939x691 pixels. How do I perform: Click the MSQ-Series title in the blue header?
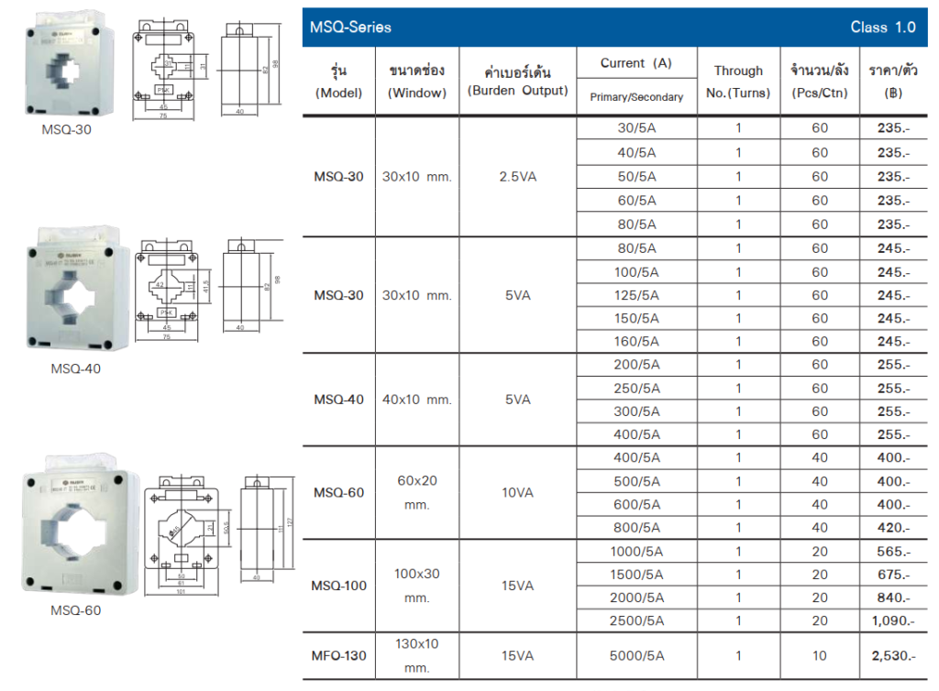pos(350,27)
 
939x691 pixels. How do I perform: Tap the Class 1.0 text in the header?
pos(882,27)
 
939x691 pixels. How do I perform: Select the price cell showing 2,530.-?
pos(889,656)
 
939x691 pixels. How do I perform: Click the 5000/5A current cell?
pos(636,656)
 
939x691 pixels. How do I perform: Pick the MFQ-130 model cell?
pos(338,656)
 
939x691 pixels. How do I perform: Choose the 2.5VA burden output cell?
pos(517,177)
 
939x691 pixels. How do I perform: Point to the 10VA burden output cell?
pos(517,493)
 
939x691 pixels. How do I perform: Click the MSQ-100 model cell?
pos(338,586)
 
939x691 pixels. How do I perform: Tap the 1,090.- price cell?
pos(889,621)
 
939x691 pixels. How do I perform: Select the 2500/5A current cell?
pos(636,621)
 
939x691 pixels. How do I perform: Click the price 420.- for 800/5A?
pos(889,528)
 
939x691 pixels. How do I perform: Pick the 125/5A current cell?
pos(636,295)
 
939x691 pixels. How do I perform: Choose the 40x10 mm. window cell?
pos(416,400)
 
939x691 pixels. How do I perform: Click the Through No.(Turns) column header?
pos(738,82)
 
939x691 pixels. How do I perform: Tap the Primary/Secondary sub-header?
pos(636,97)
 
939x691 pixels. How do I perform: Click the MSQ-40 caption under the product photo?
pos(75,369)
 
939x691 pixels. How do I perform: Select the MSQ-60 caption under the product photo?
pos(75,610)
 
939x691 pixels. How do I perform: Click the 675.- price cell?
pos(889,575)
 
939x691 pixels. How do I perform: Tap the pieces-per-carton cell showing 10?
pos(819,656)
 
